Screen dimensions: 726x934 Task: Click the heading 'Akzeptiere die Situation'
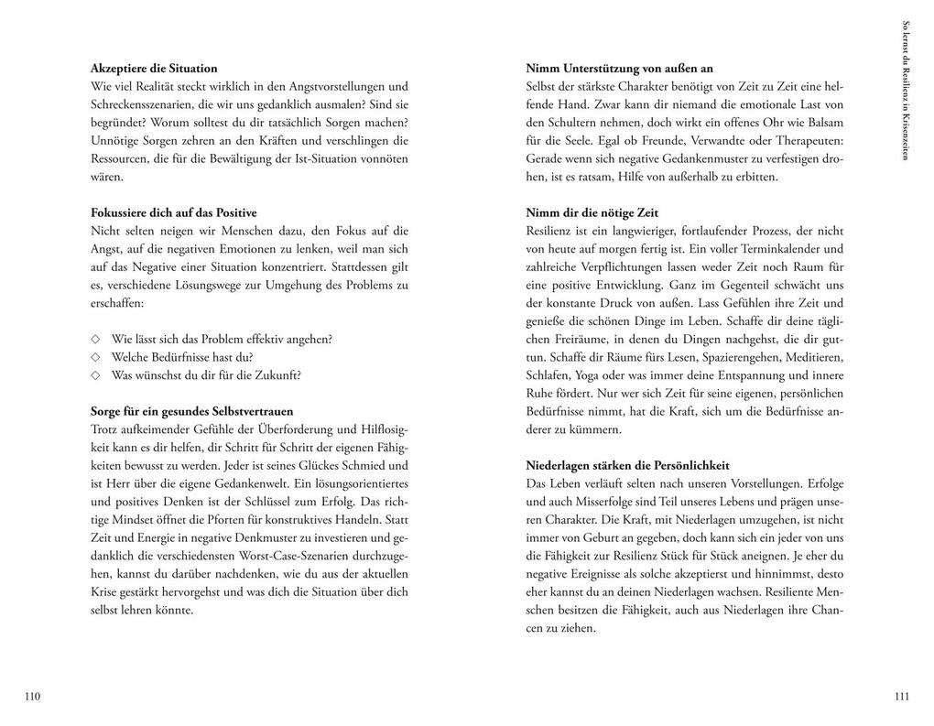click(154, 69)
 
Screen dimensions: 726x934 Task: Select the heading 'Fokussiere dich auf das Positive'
click(174, 212)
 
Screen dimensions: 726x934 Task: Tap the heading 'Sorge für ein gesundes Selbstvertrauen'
click(192, 411)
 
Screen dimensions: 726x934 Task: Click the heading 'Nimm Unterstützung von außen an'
click(620, 69)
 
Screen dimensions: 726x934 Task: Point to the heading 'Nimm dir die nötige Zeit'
click(592, 212)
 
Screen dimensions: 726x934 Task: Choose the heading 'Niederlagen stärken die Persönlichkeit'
click(627, 465)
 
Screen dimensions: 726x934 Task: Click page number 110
click(33, 697)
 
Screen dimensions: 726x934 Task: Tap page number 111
click(901, 697)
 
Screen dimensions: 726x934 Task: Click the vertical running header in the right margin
click(906, 91)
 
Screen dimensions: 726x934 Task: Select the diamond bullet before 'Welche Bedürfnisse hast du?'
click(95, 357)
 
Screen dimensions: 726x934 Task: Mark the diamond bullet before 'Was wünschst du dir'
click(95, 375)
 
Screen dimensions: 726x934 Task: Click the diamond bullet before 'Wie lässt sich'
click(95, 339)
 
